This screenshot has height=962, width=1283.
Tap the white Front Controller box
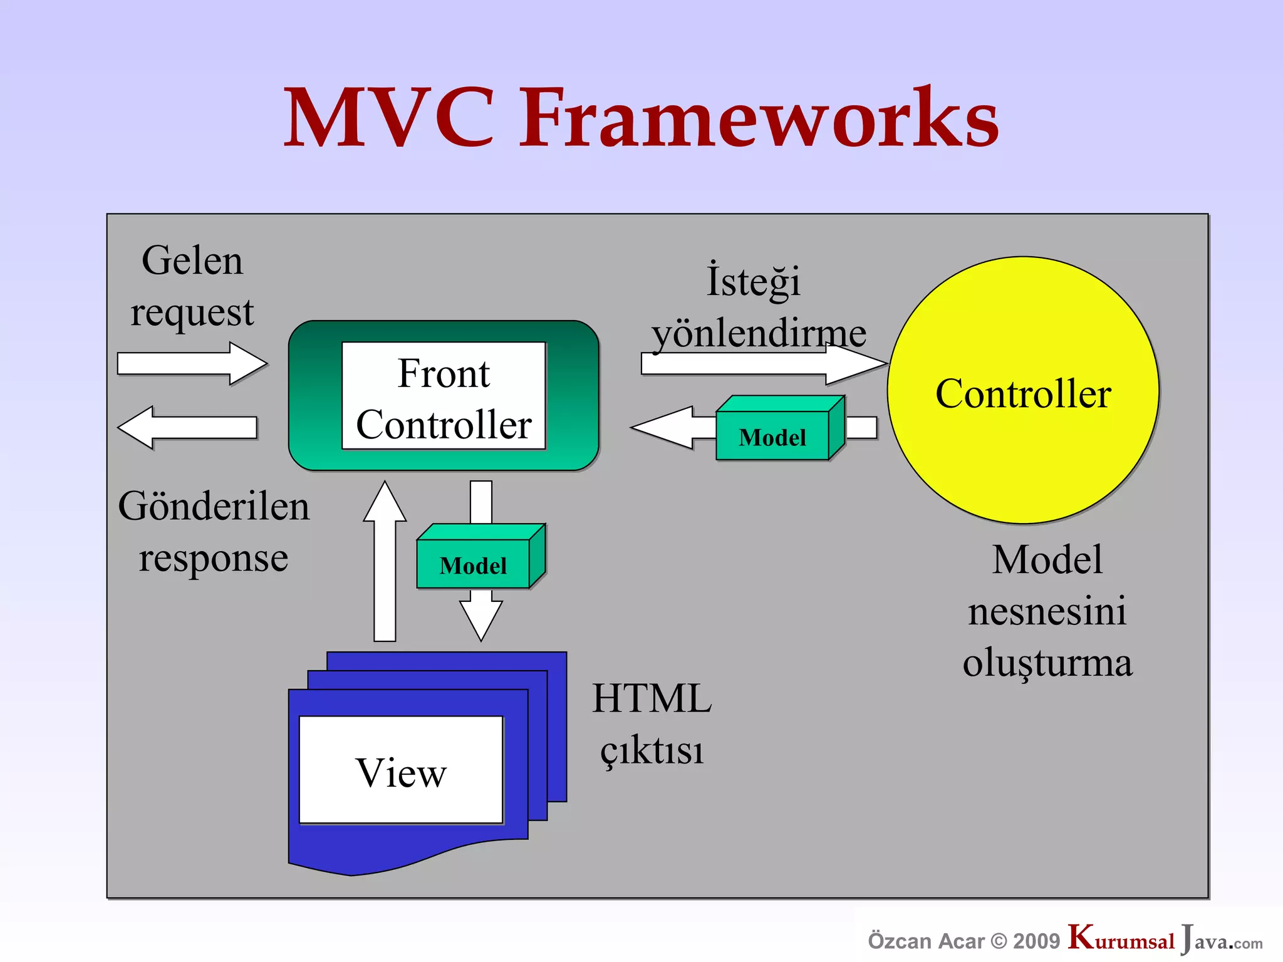pos(444,396)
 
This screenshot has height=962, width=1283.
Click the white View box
pos(401,770)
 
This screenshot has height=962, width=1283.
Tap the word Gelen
pos(192,261)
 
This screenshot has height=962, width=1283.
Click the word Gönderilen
pos(214,506)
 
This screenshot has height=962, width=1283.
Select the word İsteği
pos(753,281)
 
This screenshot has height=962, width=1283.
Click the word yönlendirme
pos(759,333)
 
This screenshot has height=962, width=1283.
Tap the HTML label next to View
pos(652,698)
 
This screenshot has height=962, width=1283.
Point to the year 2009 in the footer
pos(1036,941)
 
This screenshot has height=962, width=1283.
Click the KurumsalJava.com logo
pos(1165,939)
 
